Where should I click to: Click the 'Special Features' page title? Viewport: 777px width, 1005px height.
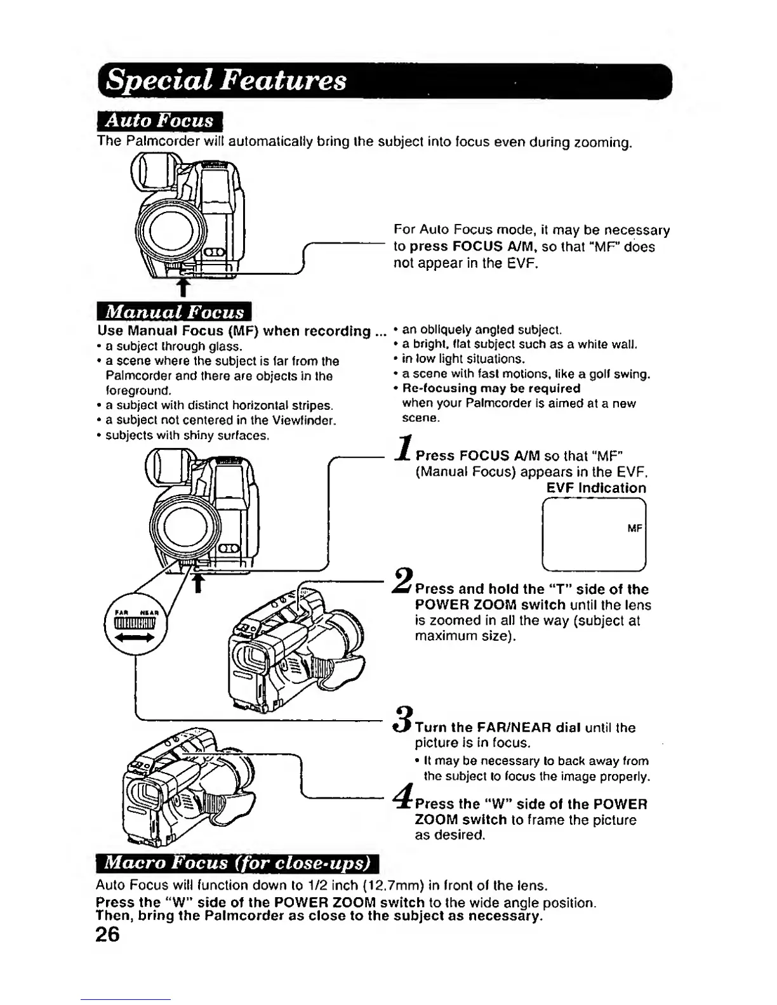point(227,82)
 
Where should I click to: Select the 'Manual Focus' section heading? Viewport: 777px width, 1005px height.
point(175,312)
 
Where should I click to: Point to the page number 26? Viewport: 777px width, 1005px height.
point(108,935)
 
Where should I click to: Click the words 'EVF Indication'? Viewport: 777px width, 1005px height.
point(596,488)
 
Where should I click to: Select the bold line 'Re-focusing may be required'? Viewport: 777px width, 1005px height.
point(491,388)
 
